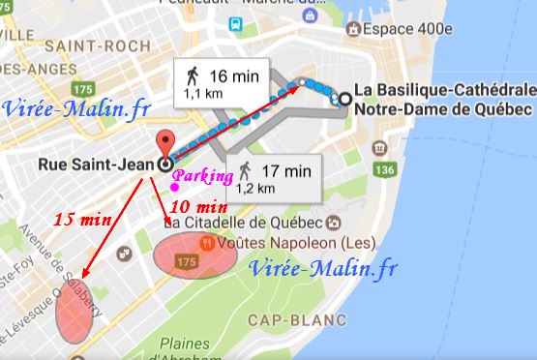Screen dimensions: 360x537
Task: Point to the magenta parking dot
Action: coord(173,188)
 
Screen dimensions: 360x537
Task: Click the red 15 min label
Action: coord(81,220)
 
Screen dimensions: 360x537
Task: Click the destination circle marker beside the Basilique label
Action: coord(344,97)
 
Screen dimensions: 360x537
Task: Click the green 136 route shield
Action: coord(384,171)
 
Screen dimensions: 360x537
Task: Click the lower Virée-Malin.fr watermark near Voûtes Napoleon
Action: coord(319,267)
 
